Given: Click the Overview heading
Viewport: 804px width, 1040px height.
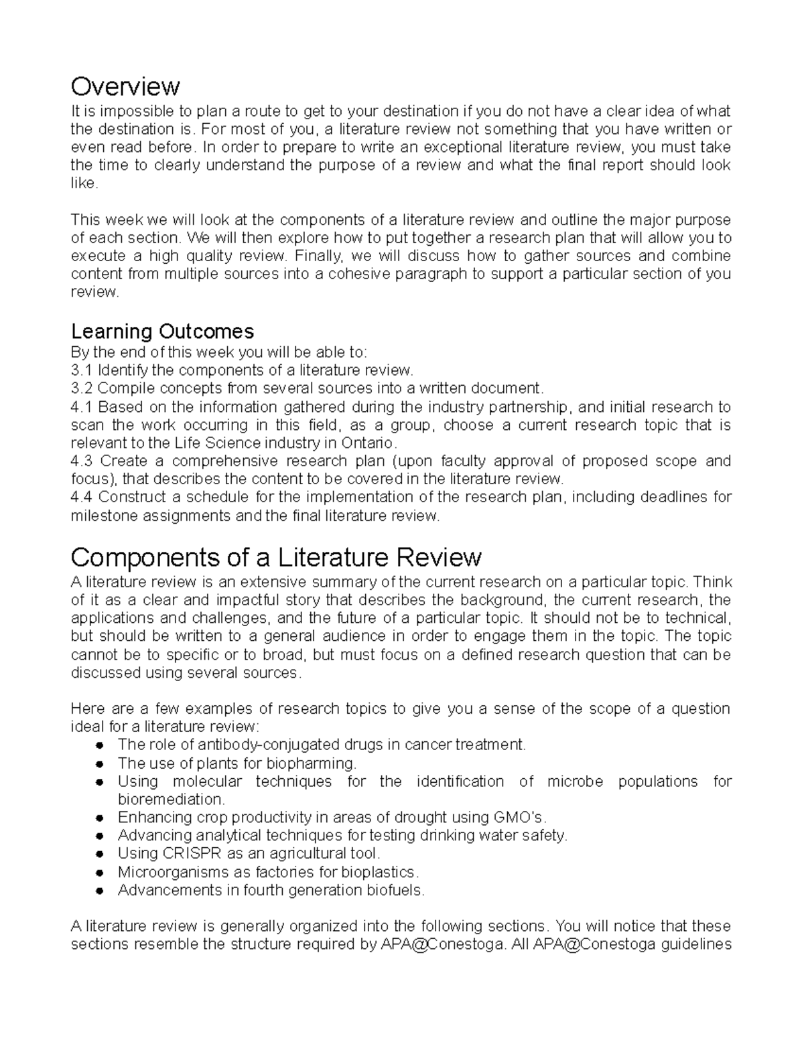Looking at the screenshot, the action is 125,86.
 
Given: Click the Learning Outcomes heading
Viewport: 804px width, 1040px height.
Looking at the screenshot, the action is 162,331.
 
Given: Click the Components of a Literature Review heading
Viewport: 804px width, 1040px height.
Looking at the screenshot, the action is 276,556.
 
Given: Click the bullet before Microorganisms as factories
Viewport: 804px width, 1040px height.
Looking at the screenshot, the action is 98,873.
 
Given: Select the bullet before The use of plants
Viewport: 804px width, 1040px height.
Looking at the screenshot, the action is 98,763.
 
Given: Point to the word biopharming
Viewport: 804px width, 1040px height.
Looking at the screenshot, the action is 312,763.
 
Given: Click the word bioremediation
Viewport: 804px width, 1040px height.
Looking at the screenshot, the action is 172,800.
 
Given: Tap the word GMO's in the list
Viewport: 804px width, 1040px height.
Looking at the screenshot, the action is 520,818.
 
